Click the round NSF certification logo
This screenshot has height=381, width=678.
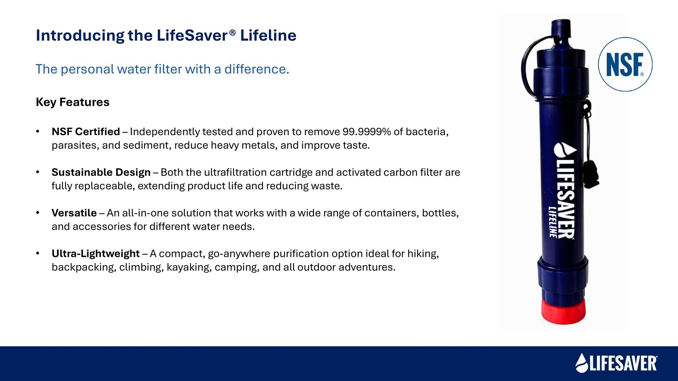[x=625, y=64]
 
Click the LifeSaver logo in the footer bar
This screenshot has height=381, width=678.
[x=617, y=363]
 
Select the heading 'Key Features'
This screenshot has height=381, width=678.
[x=73, y=102]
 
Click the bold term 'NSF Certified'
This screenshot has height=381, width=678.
[x=86, y=132]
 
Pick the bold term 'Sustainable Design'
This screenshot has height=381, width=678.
[x=101, y=173]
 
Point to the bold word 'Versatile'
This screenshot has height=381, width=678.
[x=74, y=213]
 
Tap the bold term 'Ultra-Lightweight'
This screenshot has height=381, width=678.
[x=96, y=254]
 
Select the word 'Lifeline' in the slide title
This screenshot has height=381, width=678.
[x=268, y=36]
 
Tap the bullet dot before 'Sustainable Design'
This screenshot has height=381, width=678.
[x=37, y=173]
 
